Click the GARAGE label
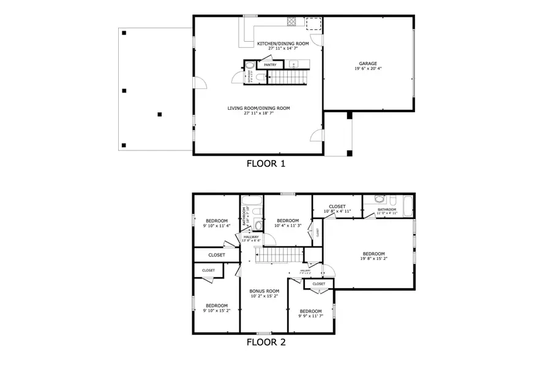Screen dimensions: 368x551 coord(367,63)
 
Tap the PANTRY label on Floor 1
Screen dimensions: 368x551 coord(270,65)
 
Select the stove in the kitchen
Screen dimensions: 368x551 coord(292,22)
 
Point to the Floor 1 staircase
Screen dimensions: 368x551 coord(287,78)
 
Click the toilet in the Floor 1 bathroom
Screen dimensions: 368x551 coord(258,77)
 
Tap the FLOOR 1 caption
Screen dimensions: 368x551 coord(266,164)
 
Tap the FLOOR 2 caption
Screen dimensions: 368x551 coord(265,342)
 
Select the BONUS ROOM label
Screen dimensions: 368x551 coord(264,291)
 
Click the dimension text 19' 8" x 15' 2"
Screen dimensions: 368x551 coord(373,259)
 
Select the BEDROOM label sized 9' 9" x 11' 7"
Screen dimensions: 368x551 coord(310,311)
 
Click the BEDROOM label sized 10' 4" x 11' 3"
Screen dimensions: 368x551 coord(287,221)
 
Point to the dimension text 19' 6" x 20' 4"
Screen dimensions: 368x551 coord(367,69)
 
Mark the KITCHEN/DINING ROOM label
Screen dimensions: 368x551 coord(282,44)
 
